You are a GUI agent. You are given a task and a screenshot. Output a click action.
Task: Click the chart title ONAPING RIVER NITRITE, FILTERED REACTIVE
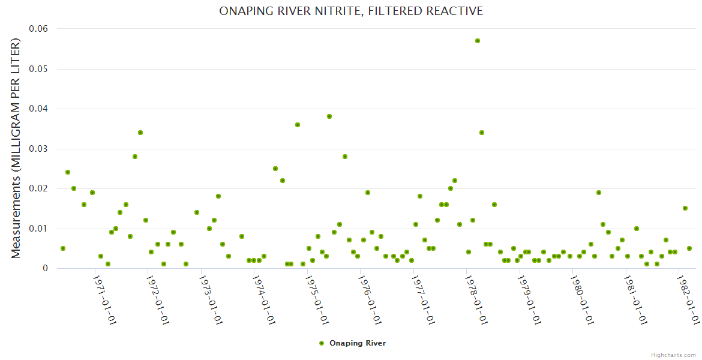coord(351,11)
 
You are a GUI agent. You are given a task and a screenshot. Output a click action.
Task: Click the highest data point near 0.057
coord(478,41)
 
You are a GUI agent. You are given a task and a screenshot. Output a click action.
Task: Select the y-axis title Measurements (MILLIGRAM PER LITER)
coord(16,148)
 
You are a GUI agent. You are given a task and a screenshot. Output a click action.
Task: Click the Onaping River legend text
coord(358,343)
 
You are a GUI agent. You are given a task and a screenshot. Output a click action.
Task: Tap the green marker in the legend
coord(322,343)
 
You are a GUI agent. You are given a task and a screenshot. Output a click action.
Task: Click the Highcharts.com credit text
coord(673,355)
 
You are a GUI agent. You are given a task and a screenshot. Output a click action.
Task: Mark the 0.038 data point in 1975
coord(329,116)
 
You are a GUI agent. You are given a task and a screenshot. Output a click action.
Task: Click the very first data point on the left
coord(63,248)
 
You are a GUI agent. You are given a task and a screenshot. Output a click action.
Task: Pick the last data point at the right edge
coord(689,248)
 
